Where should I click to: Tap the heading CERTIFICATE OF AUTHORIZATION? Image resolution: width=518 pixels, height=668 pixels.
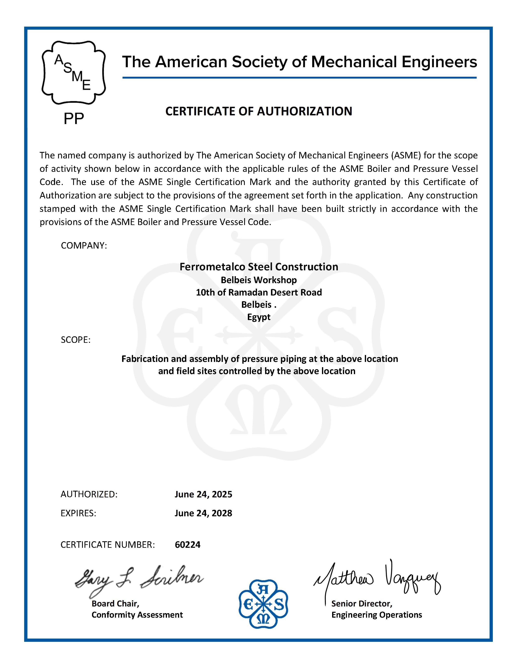259,111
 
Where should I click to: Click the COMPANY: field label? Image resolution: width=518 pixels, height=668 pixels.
84,245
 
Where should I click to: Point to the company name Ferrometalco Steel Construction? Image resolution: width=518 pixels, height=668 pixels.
259,267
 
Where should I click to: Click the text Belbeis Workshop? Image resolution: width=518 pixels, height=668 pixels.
259,280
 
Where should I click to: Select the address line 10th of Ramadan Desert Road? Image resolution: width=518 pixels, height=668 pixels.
259,292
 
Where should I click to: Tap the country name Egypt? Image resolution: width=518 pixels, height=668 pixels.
259,317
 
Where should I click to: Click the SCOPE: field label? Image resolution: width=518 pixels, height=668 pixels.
76,340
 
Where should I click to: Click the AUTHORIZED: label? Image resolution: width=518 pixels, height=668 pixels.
89,494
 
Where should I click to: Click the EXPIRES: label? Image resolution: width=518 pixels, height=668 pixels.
78,513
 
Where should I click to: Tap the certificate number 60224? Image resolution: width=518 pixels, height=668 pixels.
187,545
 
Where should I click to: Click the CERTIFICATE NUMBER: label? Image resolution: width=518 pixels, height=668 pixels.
108,545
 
